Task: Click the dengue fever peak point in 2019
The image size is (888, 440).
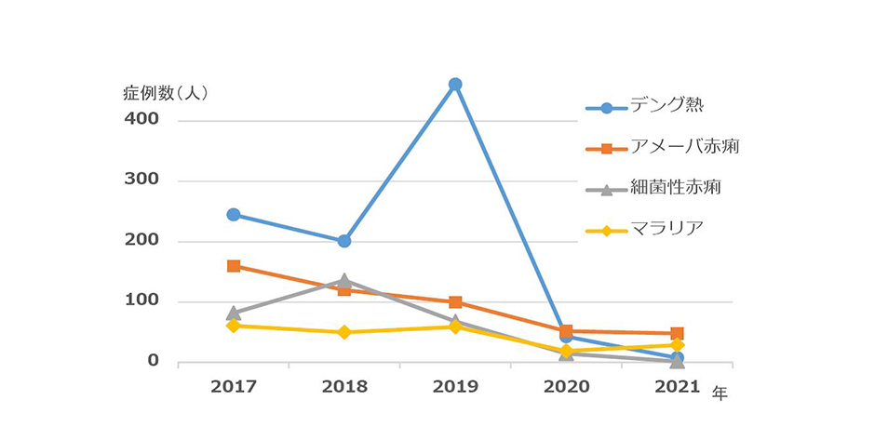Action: [x=455, y=85]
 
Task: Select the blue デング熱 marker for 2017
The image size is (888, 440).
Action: [x=234, y=215]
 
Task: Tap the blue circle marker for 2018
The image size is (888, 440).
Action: [x=344, y=241]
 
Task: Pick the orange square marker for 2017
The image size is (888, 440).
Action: [x=234, y=266]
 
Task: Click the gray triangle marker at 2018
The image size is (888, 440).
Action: [x=344, y=280]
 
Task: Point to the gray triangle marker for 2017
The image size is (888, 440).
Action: [x=234, y=313]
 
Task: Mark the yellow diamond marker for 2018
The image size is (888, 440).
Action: [x=344, y=332]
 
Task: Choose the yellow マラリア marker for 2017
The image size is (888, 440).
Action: [x=234, y=326]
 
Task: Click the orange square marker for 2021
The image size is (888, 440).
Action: [x=678, y=333]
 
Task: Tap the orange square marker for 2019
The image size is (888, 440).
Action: [x=455, y=302]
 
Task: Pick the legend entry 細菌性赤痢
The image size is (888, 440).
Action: [x=675, y=188]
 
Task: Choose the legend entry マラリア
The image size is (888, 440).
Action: [x=665, y=229]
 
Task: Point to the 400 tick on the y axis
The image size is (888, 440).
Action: [x=141, y=120]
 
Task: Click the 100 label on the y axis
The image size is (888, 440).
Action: [x=141, y=301]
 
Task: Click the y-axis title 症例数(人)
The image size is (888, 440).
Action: [x=166, y=93]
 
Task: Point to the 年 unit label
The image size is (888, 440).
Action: [x=720, y=393]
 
